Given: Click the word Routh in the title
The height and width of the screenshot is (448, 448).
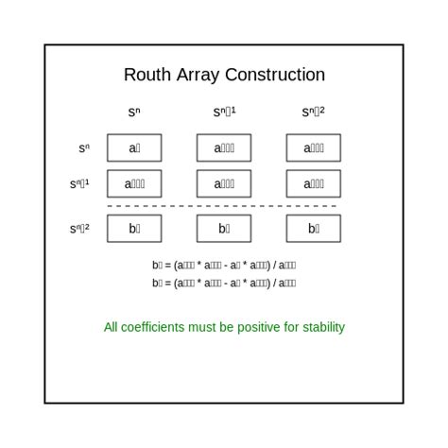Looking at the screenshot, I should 147,75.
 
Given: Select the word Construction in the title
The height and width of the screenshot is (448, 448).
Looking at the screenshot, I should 277,75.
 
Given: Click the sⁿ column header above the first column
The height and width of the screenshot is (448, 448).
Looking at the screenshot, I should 134,112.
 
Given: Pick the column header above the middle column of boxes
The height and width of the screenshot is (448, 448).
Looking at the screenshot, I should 224,112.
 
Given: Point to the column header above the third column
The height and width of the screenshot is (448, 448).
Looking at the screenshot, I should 314,112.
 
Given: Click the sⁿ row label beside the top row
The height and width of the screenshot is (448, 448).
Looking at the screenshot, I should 84,148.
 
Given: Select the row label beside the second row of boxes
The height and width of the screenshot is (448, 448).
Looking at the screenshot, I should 79,183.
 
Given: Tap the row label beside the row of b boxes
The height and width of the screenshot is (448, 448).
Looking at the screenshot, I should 79,228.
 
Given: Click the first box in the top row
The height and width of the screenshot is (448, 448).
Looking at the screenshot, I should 134,148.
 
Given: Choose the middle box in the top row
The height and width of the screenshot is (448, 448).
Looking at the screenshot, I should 224,148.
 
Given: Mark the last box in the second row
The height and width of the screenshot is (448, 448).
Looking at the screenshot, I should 314,183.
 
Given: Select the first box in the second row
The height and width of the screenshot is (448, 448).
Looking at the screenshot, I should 134,183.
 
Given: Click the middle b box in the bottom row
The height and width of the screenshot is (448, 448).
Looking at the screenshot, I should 224,228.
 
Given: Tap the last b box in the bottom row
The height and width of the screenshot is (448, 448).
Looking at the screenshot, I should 314,228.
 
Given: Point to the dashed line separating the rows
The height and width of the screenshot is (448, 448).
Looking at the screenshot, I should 224,205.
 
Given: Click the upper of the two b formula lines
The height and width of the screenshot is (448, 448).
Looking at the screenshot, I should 224,266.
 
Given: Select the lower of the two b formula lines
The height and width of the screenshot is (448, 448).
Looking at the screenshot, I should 224,283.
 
